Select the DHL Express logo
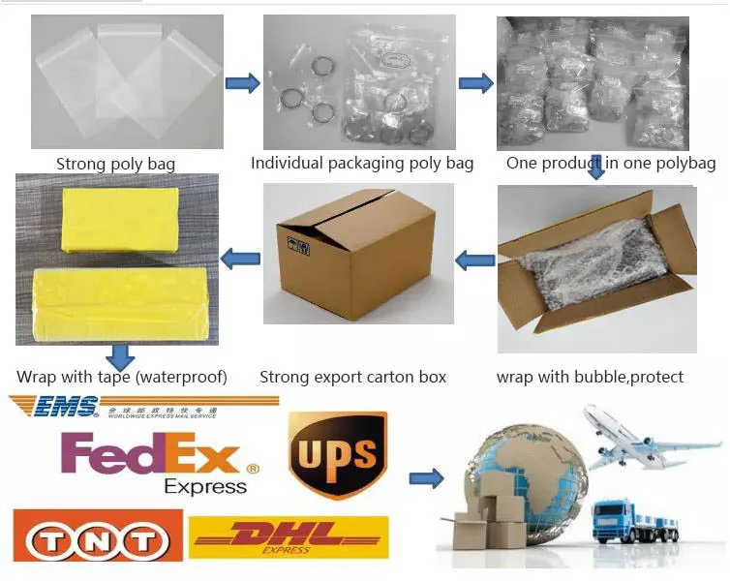click(289, 536)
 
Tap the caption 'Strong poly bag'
click(115, 164)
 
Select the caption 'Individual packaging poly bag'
click(362, 163)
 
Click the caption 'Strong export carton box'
click(352, 377)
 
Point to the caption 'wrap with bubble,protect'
click(590, 377)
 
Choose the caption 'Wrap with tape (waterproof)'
click(122, 377)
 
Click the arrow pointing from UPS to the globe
click(427, 477)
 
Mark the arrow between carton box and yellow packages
click(241, 259)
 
